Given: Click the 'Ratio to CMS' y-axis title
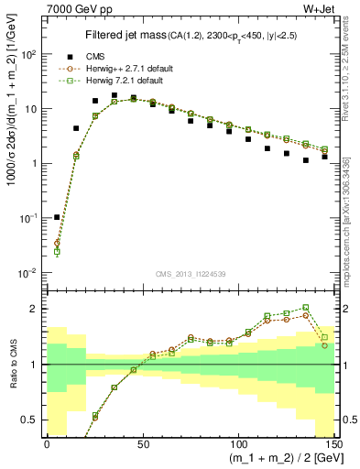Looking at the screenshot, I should click(11, 365).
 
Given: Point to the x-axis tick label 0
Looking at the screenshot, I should click(47, 442).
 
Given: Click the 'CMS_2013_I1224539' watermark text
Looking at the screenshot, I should click(189, 274).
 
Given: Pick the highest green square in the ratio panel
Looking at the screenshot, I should click(306, 308).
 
